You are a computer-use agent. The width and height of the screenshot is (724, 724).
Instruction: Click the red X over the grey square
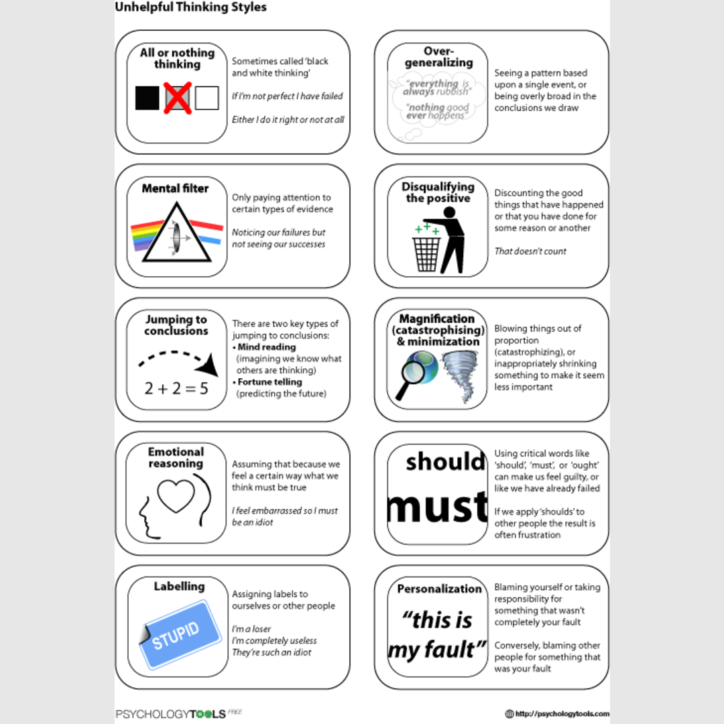178,98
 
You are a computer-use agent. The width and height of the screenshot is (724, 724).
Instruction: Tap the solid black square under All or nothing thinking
147,98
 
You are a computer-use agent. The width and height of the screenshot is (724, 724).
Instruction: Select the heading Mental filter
175,188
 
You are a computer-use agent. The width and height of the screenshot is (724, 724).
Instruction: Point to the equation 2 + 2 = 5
176,387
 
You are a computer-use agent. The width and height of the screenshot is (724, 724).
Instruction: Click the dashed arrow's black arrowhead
210,366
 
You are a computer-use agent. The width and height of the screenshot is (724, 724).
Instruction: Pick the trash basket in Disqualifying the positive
426,253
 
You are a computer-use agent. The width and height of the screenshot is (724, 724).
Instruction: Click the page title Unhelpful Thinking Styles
191,7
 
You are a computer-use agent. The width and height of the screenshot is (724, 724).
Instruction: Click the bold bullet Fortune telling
269,382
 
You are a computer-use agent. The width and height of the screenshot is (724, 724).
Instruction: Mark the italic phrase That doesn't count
530,251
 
